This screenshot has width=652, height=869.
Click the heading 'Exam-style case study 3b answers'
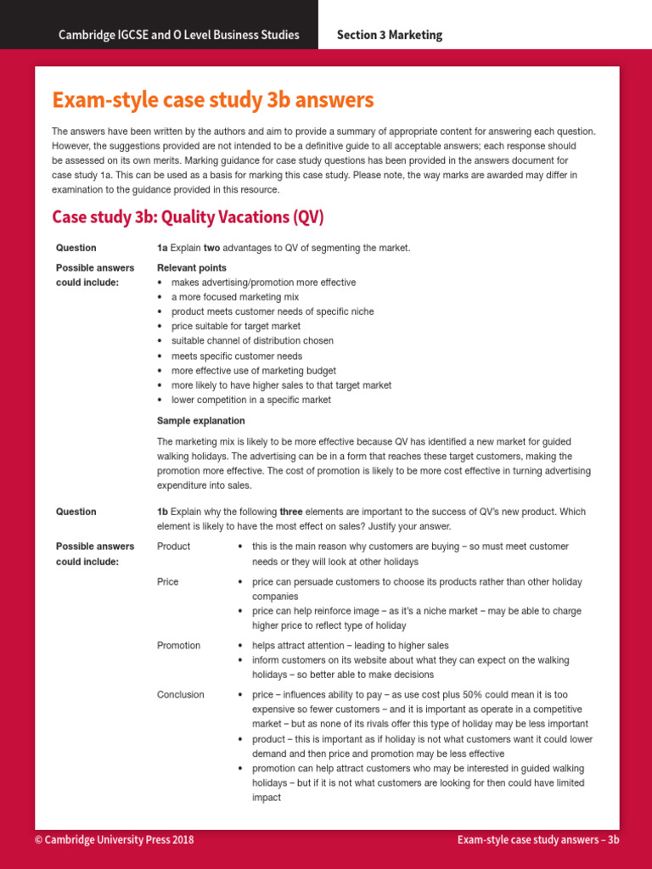coord(212,100)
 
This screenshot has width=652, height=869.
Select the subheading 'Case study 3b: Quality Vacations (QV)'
coord(188,217)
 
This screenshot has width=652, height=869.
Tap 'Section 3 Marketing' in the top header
coord(389,35)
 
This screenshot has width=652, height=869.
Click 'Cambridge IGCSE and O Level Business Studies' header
coord(178,35)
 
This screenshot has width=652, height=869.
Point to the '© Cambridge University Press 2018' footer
coord(114,839)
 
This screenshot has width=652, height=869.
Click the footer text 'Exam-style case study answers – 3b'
coord(538,839)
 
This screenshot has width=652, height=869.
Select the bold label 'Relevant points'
coord(192,268)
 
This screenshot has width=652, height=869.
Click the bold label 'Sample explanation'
coord(200,421)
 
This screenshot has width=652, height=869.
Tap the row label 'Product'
coord(173,547)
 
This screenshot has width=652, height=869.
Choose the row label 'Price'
coord(168,582)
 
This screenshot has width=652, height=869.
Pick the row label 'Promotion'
coord(178,646)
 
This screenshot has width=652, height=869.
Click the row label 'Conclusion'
coord(180,695)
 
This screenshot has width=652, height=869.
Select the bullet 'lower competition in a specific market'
coord(251,400)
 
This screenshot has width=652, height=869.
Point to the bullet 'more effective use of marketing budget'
coord(253,371)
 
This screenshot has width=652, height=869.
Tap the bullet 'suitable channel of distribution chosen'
coord(252,341)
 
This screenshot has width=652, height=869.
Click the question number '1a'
coord(162,248)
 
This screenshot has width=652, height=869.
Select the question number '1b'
coord(162,512)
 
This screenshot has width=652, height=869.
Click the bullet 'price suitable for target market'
coord(235,326)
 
